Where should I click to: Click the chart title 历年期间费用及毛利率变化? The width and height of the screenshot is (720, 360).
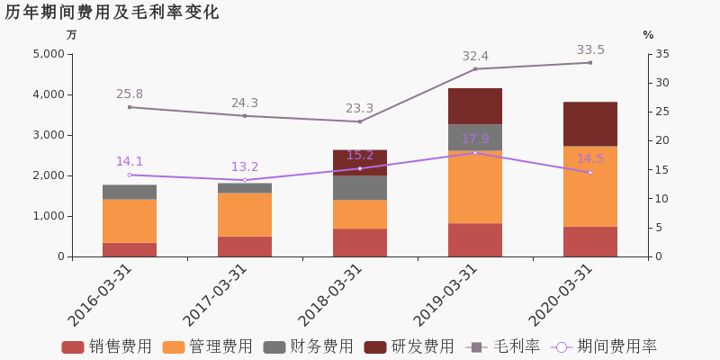click(x=112, y=13)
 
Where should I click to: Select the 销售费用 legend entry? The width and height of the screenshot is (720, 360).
click(x=107, y=346)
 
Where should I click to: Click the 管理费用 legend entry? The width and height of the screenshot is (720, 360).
click(x=208, y=346)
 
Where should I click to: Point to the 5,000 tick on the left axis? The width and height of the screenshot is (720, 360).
click(x=48, y=54)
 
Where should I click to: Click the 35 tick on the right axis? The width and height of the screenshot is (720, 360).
click(x=661, y=54)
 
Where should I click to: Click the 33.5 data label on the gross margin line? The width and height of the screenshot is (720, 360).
click(x=590, y=50)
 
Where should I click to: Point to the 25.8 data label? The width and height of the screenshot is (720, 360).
click(x=130, y=94)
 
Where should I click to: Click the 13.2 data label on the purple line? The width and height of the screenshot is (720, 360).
click(x=245, y=167)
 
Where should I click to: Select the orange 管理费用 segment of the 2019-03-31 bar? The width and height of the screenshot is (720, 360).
click(x=475, y=186)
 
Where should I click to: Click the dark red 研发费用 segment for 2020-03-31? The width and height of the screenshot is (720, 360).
click(x=590, y=123)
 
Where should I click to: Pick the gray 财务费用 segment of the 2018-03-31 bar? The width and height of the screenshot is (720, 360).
click(x=360, y=187)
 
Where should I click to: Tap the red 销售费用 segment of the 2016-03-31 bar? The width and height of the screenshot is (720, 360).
click(x=130, y=249)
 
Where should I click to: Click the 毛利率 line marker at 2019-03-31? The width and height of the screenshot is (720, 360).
click(x=475, y=69)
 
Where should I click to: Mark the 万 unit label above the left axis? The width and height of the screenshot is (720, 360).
click(x=72, y=35)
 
